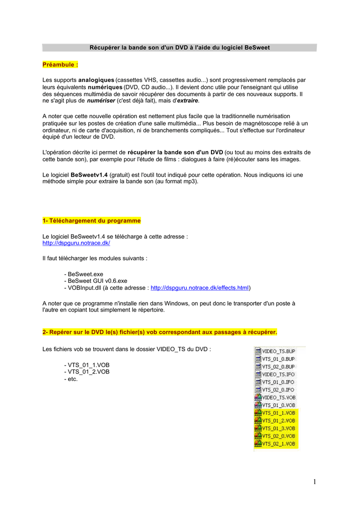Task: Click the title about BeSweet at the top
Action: pyautogui.click(x=179, y=48)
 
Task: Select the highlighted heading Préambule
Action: pyautogui.click(x=60, y=64)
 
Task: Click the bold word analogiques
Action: pyautogui.click(x=96, y=80)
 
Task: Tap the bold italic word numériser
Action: pyautogui.click(x=101, y=101)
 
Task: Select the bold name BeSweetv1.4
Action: pyautogui.click(x=89, y=175)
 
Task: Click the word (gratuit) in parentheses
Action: pyautogui.click(x=121, y=175)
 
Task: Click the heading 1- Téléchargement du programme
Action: pyautogui.click(x=92, y=221)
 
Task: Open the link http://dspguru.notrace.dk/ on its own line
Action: pyautogui.click(x=76, y=243)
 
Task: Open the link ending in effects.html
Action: pyautogui.click(x=199, y=288)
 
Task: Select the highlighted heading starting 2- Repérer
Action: pyautogui.click(x=159, y=331)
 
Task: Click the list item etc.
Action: pyautogui.click(x=72, y=379)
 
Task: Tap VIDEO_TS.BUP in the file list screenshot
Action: pyautogui.click(x=278, y=351)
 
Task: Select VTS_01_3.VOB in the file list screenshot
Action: pyautogui.click(x=278, y=428)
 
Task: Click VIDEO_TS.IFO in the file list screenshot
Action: pyautogui.click(x=278, y=374)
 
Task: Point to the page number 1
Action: pyautogui.click(x=315, y=481)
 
